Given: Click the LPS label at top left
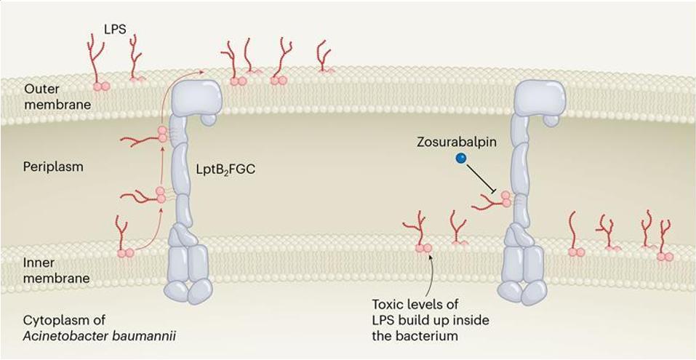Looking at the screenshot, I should click(x=113, y=30).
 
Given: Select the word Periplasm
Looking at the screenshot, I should click(x=53, y=167).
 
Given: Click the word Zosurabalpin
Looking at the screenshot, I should click(x=462, y=142).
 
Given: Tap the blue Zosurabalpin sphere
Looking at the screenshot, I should click(x=460, y=159).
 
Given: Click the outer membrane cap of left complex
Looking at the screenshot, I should click(x=196, y=97).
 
